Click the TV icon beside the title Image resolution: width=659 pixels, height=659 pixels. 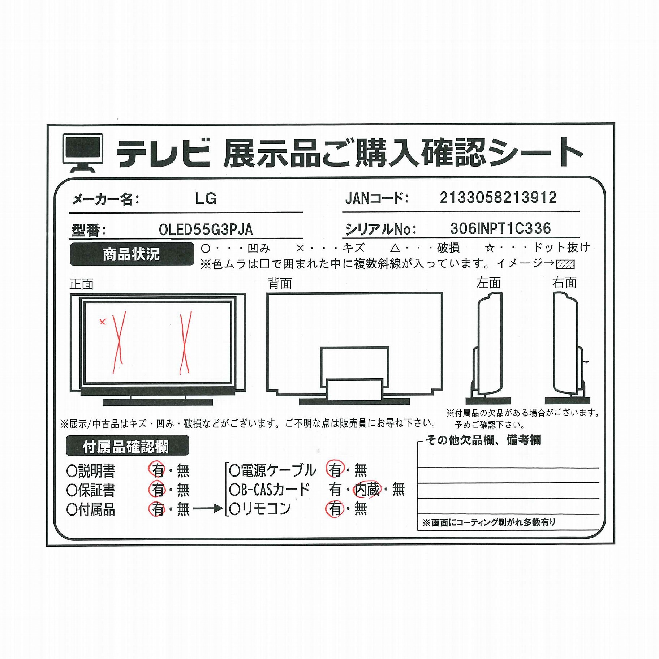tap(83, 153)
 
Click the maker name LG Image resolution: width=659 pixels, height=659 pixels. tap(206, 198)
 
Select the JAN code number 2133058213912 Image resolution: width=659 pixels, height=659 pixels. tap(498, 198)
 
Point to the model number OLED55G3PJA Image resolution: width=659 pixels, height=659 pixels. tap(206, 230)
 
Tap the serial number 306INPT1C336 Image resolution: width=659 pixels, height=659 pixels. tap(500, 228)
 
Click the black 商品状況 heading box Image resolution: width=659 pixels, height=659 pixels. tap(132, 254)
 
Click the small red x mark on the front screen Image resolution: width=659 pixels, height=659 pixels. tap(103, 321)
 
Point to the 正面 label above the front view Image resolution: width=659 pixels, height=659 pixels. tap(82, 284)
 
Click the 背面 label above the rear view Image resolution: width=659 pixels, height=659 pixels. tap(280, 284)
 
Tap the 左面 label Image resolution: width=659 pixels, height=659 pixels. tap(488, 283)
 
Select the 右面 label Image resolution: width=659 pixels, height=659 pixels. tap(564, 282)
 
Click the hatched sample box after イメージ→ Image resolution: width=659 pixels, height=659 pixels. tap(565, 264)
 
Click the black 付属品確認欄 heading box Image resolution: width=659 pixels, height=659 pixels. tap(127, 446)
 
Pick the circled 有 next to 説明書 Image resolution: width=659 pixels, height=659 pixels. tap(157, 470)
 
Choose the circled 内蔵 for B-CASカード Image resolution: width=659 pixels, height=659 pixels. tap(367, 490)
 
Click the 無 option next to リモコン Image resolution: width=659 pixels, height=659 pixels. tap(361, 509)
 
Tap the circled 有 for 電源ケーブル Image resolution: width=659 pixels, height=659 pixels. tap(335, 470)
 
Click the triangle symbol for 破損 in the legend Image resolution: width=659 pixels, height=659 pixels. tap(395, 248)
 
